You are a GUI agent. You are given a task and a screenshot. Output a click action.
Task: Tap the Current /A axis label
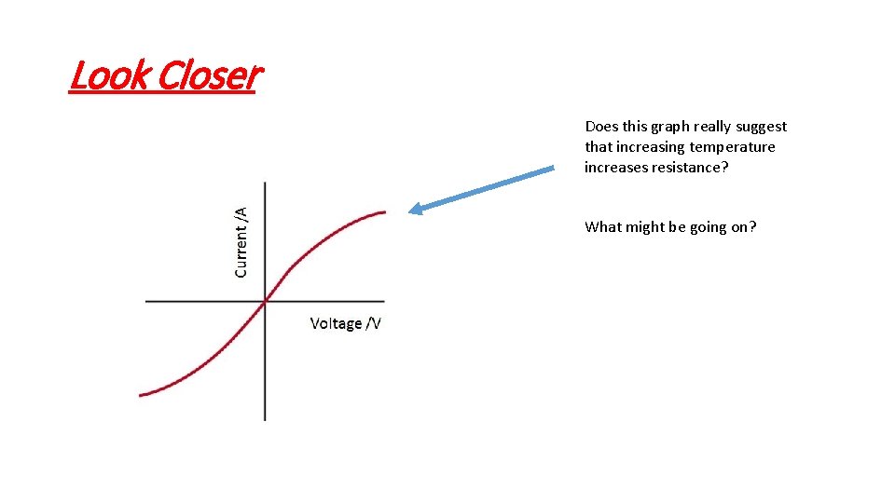click(x=241, y=242)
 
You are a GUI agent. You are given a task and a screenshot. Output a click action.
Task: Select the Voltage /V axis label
click(x=346, y=323)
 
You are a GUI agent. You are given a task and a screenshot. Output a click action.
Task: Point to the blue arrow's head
click(x=412, y=211)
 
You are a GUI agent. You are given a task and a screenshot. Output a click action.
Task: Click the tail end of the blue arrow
click(x=553, y=169)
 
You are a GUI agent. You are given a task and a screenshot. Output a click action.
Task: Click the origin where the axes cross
click(x=266, y=301)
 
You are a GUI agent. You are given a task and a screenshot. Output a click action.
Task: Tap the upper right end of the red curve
click(x=385, y=212)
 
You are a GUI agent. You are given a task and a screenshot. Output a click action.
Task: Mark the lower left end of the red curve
click(x=141, y=395)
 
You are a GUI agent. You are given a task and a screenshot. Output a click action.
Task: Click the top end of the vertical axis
click(x=266, y=183)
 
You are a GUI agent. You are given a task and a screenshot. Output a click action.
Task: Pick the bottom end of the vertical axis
click(x=266, y=419)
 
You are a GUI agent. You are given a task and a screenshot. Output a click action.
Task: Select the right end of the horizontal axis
click(x=384, y=301)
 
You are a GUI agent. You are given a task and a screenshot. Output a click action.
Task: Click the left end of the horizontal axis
click(x=146, y=301)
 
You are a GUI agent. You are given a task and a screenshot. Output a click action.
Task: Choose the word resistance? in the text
click(x=688, y=168)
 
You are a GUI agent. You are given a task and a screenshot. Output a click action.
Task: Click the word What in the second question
click(x=601, y=226)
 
